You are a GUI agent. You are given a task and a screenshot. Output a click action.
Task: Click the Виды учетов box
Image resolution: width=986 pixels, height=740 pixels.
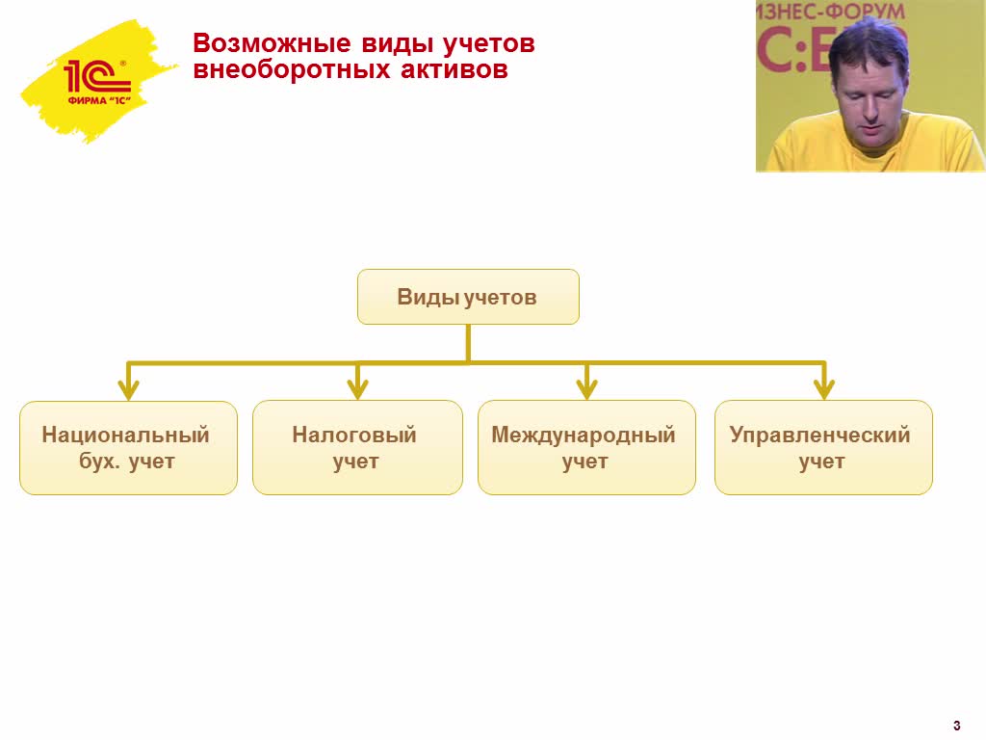pyautogui.click(x=468, y=297)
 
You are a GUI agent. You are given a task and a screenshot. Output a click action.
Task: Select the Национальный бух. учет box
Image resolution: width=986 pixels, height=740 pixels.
pyautogui.click(x=128, y=448)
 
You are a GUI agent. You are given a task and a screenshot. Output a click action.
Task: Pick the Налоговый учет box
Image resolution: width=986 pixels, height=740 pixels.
pyautogui.click(x=357, y=448)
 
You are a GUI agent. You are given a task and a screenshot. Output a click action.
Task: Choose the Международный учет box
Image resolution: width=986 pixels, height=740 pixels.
pyautogui.click(x=586, y=448)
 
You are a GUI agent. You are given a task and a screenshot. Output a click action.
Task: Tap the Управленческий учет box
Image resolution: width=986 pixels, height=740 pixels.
pyautogui.click(x=823, y=448)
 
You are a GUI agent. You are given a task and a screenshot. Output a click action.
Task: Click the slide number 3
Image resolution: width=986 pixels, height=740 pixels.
pyautogui.click(x=956, y=726)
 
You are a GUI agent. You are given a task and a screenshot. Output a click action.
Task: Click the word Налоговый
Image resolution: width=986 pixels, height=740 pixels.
pyautogui.click(x=354, y=436)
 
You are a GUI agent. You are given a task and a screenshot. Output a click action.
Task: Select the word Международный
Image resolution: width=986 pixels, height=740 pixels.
pyautogui.click(x=584, y=436)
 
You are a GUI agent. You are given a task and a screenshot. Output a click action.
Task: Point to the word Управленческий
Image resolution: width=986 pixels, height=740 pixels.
pyautogui.click(x=820, y=436)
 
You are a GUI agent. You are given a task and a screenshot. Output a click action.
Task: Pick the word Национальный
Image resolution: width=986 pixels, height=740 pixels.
pyautogui.click(x=126, y=436)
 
